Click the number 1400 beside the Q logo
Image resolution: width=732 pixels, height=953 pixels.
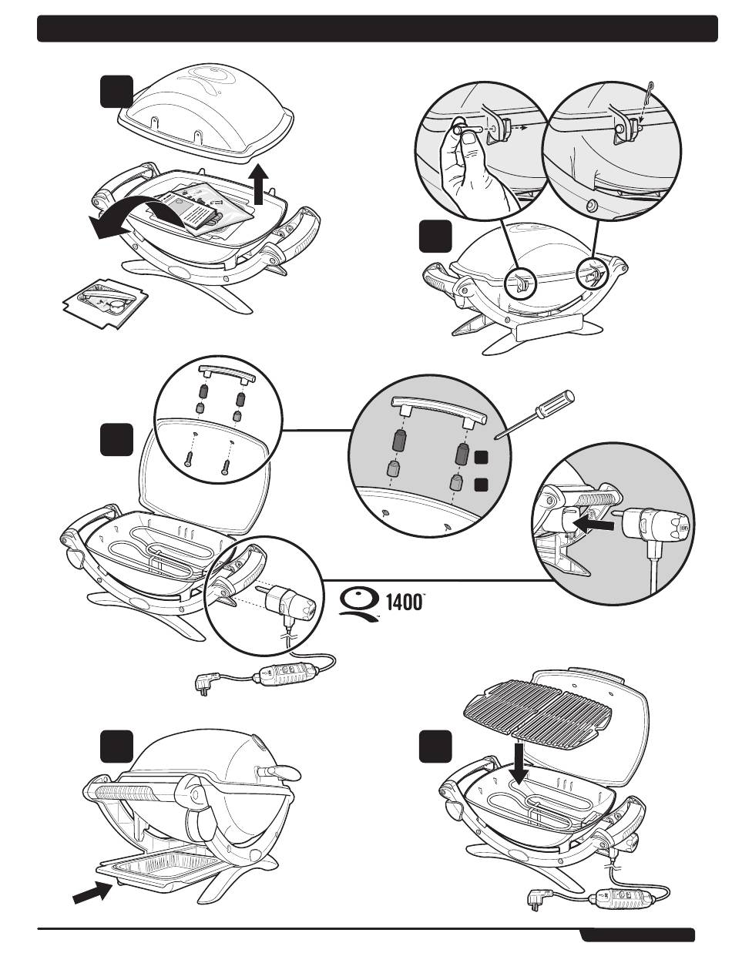click(404, 602)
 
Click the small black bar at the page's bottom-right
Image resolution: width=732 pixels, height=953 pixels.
click(637, 935)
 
